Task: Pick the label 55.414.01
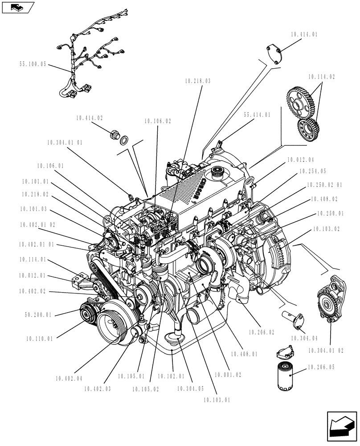(x=257, y=115)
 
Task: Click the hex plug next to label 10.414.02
(x=115, y=134)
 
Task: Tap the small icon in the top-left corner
(x=18, y=7)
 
